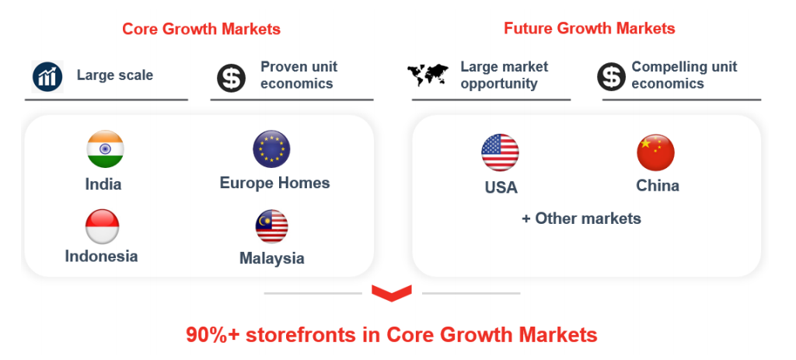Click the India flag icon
point(105,149)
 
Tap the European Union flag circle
point(271,149)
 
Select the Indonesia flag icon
point(102,226)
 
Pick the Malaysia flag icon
point(271,226)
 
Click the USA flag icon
point(500,152)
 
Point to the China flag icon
point(656,152)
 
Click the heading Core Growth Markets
point(201,29)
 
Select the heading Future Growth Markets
point(589,28)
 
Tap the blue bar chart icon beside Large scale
point(47,77)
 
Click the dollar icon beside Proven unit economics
point(232,78)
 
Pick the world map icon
point(428,75)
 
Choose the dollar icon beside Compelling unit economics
point(611,77)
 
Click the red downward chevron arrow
point(392,293)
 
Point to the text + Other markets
point(581,218)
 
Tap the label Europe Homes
point(274,183)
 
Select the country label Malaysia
point(271,258)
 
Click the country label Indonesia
point(102,256)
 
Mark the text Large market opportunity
point(504,75)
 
